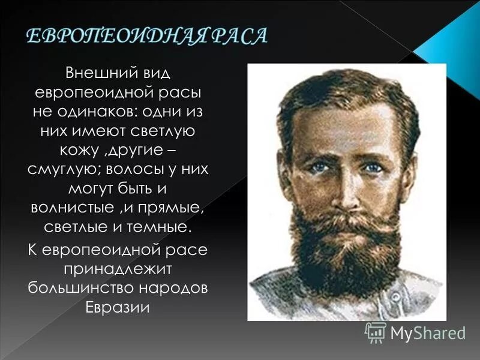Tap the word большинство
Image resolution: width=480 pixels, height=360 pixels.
coord(82,286)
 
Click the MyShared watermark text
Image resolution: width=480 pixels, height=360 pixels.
coord(427,331)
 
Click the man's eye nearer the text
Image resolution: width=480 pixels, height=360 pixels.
coord(318,166)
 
